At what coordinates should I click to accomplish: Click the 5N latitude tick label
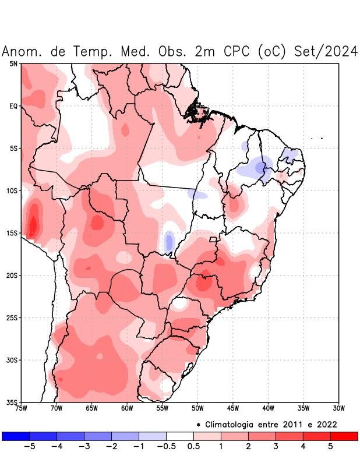pyautogui.click(x=13, y=63)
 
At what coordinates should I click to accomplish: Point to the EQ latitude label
pyautogui.click(x=13, y=106)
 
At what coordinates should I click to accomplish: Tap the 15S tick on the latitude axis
pyautogui.click(x=12, y=233)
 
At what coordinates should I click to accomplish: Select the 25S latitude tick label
pyautogui.click(x=12, y=317)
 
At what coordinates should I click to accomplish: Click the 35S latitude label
pyautogui.click(x=12, y=402)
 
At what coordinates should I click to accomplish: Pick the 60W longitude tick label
pyautogui.click(x=127, y=408)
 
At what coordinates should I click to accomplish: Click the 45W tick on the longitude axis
pyautogui.click(x=232, y=408)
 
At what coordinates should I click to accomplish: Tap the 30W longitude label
pyautogui.click(x=338, y=408)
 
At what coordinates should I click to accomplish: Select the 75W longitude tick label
pyautogui.click(x=22, y=408)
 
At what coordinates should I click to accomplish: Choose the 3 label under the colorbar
pyautogui.click(x=276, y=447)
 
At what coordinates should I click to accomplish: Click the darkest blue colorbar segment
pyautogui.click(x=16, y=436)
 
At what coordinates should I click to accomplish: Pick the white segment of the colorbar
pyautogui.click(x=180, y=436)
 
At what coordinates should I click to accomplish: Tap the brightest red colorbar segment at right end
pyautogui.click(x=344, y=436)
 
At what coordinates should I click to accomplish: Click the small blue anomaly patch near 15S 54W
pyautogui.click(x=169, y=241)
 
